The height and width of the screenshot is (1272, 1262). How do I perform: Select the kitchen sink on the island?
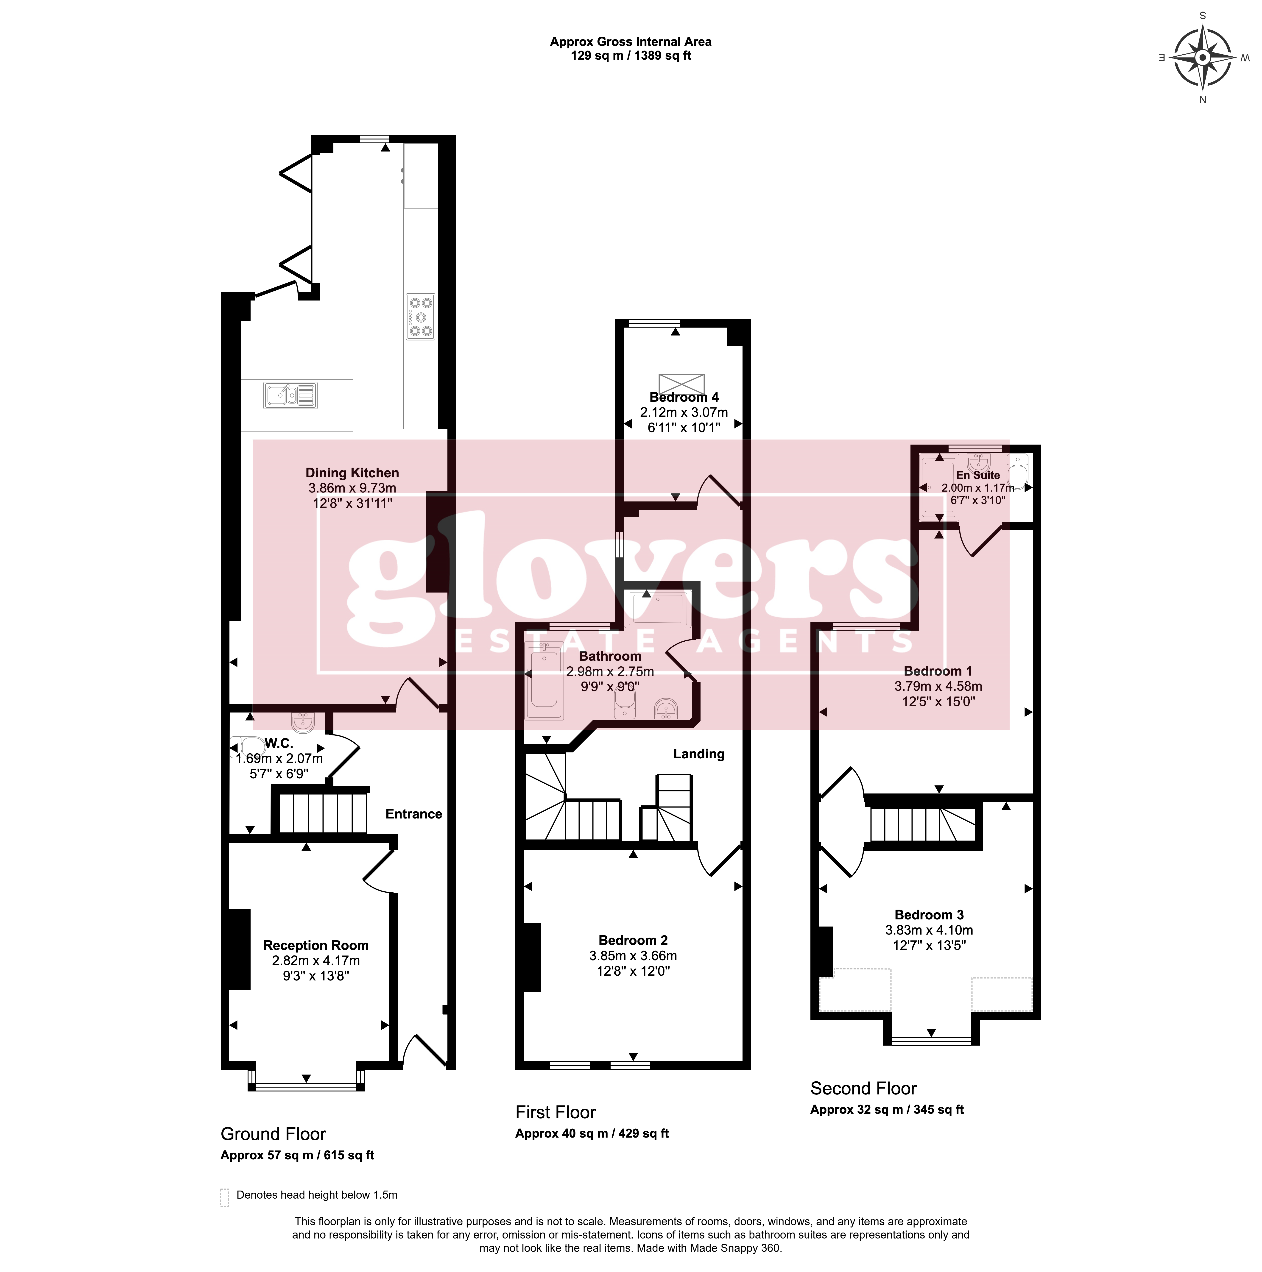coord(290,395)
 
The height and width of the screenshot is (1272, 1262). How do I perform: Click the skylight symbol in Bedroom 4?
coord(682,384)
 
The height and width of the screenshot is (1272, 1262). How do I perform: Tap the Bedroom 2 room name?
coord(633,940)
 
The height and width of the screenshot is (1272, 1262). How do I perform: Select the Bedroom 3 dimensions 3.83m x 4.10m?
coord(929,930)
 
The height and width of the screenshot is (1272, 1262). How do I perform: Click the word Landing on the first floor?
coord(699,754)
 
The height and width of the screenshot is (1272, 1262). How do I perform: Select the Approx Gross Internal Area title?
coord(630,42)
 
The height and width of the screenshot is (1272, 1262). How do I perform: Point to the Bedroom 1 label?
coord(938,671)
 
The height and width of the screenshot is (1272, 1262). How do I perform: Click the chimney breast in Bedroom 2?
coord(532,957)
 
